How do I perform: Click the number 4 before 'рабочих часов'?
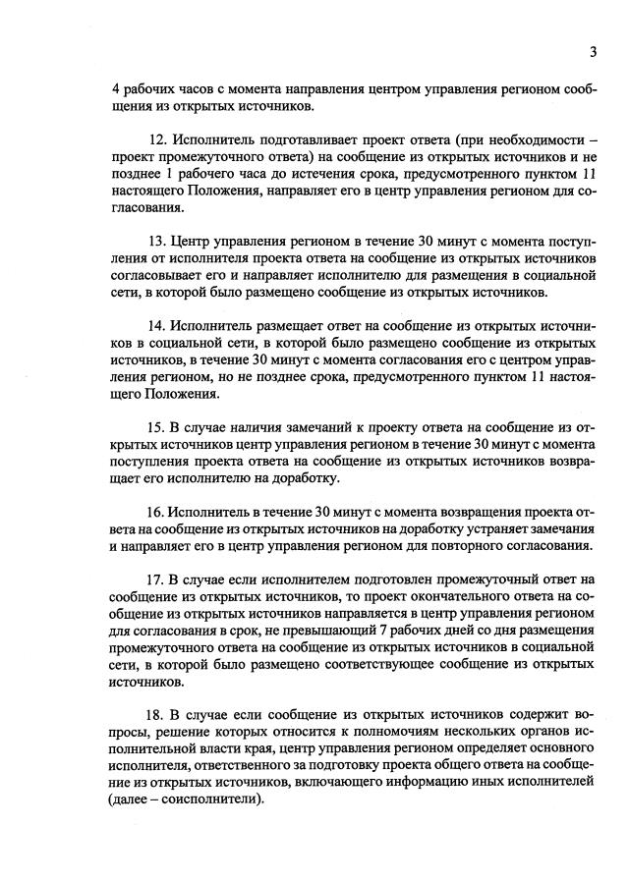(x=116, y=88)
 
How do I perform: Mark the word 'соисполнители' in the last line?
(x=212, y=799)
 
